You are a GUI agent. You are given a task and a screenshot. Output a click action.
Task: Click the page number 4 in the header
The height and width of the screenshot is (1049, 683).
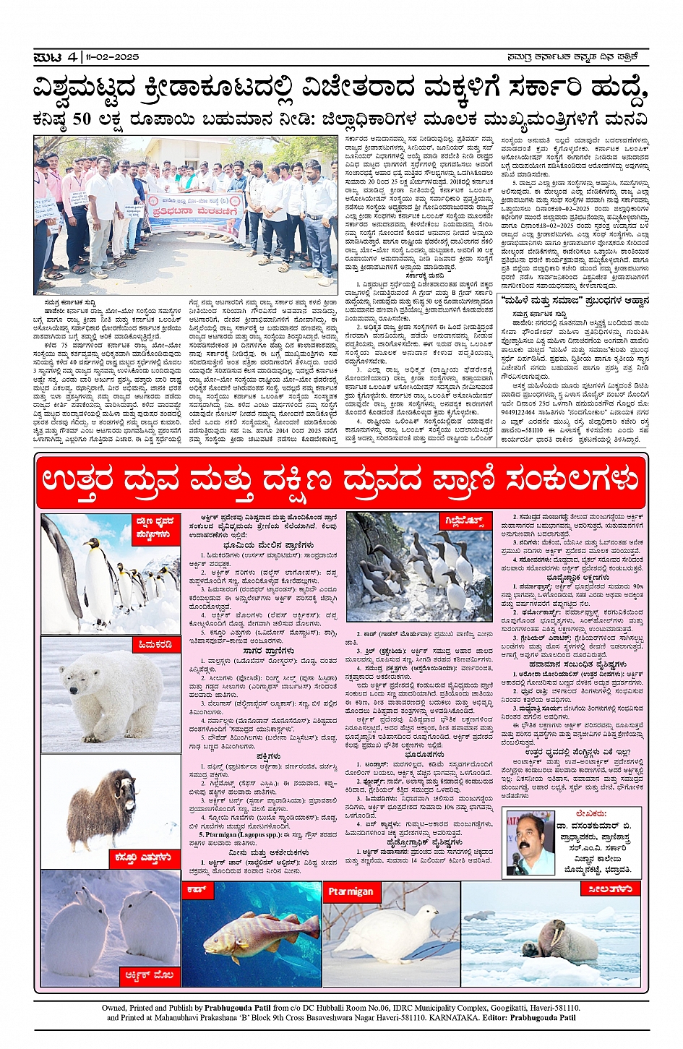72,56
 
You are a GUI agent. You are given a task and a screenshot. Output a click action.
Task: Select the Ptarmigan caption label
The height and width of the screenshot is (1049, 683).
351,891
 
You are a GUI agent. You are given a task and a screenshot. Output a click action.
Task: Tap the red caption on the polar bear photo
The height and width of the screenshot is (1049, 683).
155,644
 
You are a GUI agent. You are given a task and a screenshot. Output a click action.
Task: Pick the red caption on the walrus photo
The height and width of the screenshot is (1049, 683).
609,889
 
